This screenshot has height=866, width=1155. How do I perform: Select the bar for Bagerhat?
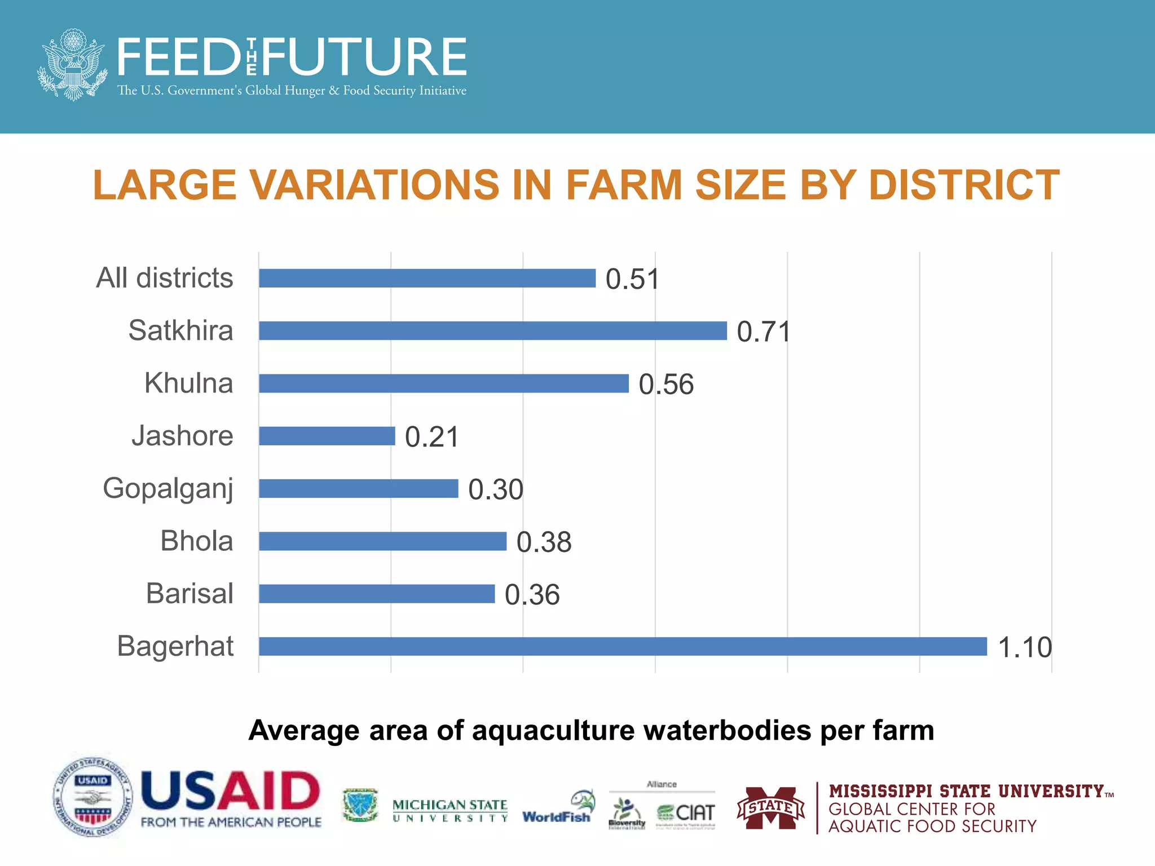tap(623, 646)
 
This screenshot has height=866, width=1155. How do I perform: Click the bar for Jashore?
tap(327, 436)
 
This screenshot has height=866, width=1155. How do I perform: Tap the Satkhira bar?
tap(493, 330)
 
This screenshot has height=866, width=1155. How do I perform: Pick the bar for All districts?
tap(427, 278)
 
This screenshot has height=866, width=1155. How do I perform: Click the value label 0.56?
tap(666, 385)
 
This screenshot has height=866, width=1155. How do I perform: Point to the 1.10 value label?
tap(1025, 647)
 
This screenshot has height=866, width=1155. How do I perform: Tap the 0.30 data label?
tap(496, 489)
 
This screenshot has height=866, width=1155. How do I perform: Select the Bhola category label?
tap(196, 541)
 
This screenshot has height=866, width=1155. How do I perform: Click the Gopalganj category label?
tap(167, 488)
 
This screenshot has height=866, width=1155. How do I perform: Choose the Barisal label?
tap(189, 593)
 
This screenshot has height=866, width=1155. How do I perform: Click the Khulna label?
tap(188, 383)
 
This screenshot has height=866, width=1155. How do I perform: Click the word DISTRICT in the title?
tap(964, 185)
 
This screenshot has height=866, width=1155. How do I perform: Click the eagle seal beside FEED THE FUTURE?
tap(72, 65)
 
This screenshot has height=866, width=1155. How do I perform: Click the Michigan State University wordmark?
tap(449, 810)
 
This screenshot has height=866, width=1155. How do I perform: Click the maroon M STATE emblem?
tap(770, 807)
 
